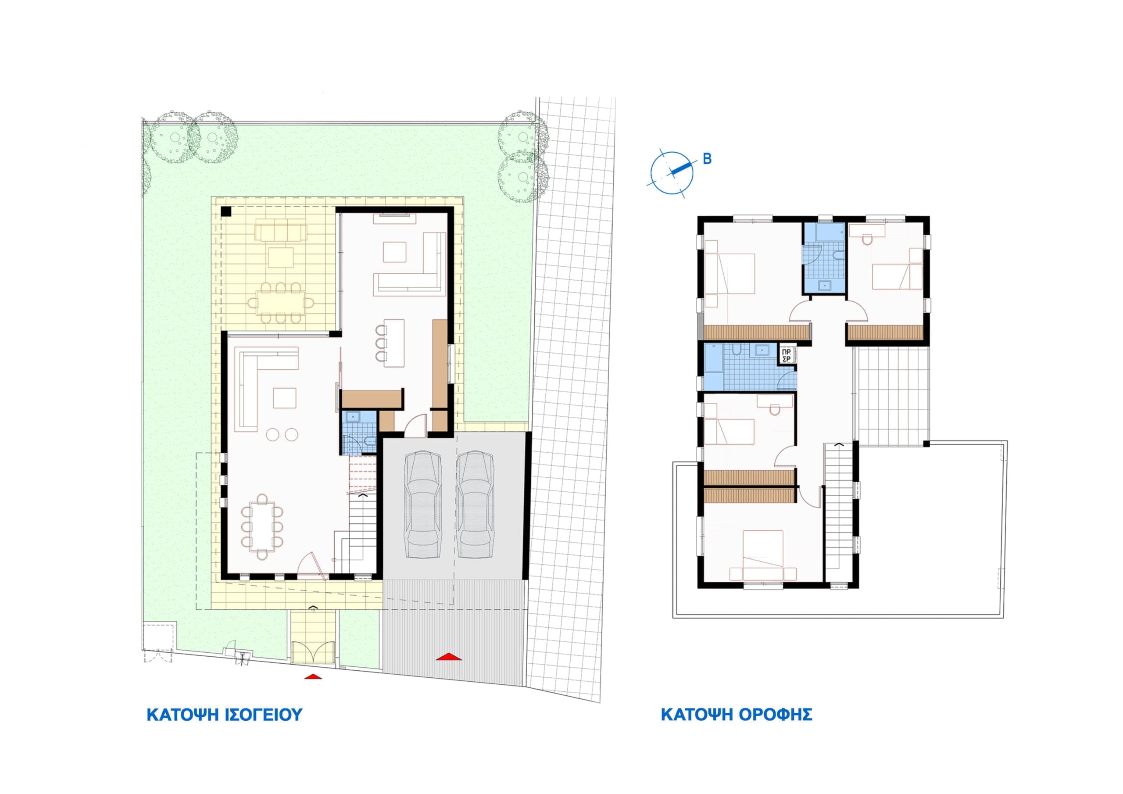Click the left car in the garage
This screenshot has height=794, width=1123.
pyautogui.click(x=422, y=504)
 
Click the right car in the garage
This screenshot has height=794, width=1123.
pyautogui.click(x=476, y=504)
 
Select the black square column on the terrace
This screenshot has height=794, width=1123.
pyautogui.click(x=226, y=212)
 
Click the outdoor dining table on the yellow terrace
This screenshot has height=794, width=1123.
pyautogui.click(x=280, y=302)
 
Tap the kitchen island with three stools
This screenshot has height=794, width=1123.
pyautogui.click(x=394, y=343)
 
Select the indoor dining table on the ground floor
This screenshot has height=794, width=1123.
pyautogui.click(x=262, y=526)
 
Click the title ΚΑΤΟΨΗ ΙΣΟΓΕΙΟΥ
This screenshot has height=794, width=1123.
pyautogui.click(x=225, y=714)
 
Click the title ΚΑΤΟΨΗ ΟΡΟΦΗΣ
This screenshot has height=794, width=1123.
pyautogui.click(x=737, y=714)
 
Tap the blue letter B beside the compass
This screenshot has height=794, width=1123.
pyautogui.click(x=707, y=159)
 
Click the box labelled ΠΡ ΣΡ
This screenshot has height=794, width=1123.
pyautogui.click(x=787, y=355)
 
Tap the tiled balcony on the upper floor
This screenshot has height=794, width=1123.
pyautogui.click(x=893, y=396)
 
